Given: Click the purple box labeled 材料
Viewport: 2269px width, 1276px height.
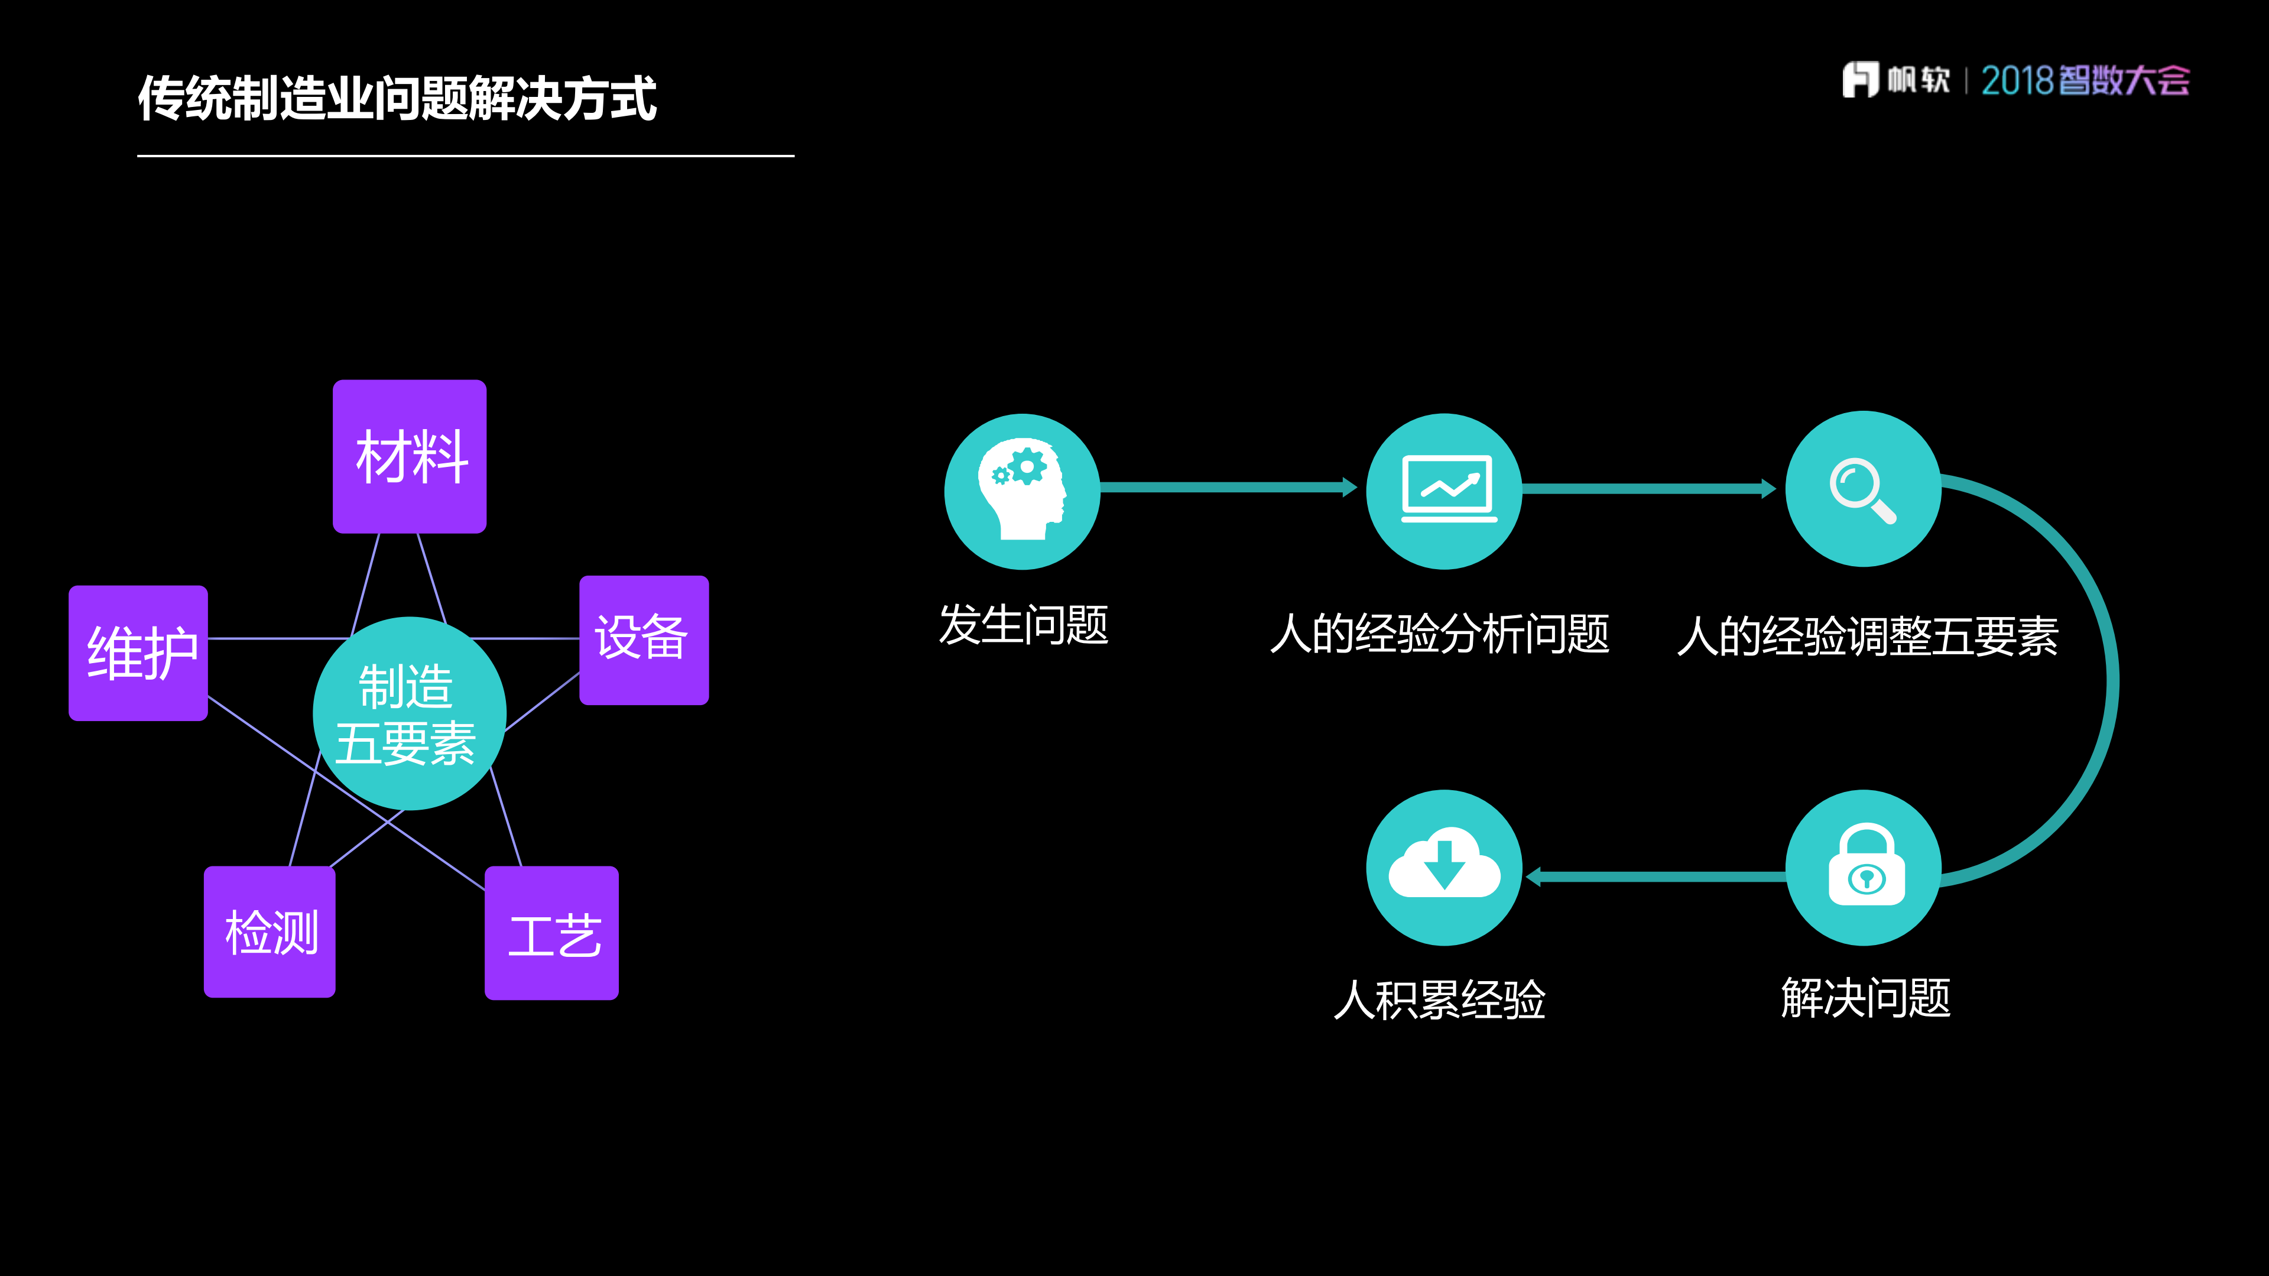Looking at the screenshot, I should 410,456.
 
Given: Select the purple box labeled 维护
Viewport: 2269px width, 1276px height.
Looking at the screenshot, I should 138,652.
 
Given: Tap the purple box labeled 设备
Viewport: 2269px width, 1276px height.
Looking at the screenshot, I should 644,639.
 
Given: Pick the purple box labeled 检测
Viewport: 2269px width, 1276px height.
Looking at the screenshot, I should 270,931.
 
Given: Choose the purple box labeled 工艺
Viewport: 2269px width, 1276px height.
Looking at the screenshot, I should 551,933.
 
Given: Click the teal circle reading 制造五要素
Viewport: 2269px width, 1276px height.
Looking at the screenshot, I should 408,713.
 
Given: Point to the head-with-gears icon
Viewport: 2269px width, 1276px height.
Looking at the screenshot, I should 1022,491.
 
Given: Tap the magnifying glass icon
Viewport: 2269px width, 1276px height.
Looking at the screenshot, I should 1863,489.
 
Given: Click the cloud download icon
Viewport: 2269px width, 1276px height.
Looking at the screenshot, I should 1445,868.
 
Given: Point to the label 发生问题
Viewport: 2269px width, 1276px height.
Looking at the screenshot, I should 1024,625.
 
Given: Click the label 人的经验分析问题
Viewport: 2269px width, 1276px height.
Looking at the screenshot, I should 1440,634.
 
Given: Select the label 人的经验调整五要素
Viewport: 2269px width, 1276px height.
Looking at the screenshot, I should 1867,636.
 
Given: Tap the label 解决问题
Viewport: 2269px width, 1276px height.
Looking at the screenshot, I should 1865,998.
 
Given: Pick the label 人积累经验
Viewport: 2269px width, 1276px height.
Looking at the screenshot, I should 1440,999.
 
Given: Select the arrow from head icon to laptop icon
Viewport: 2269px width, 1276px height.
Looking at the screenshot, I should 1229,487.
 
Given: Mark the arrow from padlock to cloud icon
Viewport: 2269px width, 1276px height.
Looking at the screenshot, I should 1656,876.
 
